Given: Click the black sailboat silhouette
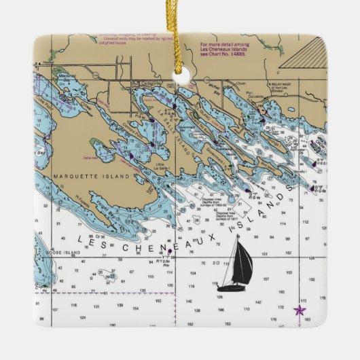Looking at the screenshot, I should [x=234, y=265].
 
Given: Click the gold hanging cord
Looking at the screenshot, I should [x=181, y=34].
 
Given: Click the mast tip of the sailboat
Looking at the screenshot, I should [x=238, y=237].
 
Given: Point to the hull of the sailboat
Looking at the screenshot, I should [x=232, y=287].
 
